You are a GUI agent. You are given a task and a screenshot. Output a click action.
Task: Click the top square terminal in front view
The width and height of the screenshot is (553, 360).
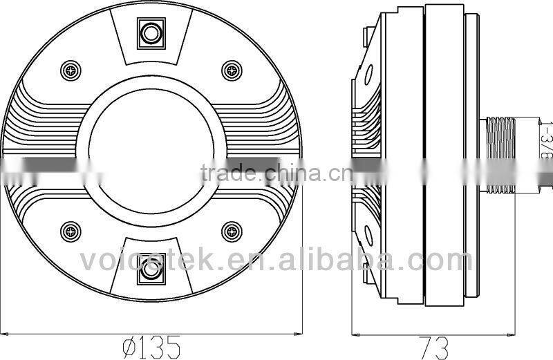click(149, 32)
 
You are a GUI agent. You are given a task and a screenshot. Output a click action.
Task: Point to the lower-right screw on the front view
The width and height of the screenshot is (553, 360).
click(229, 231)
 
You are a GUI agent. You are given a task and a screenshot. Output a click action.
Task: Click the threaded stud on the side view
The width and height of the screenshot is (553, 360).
click(500, 154)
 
